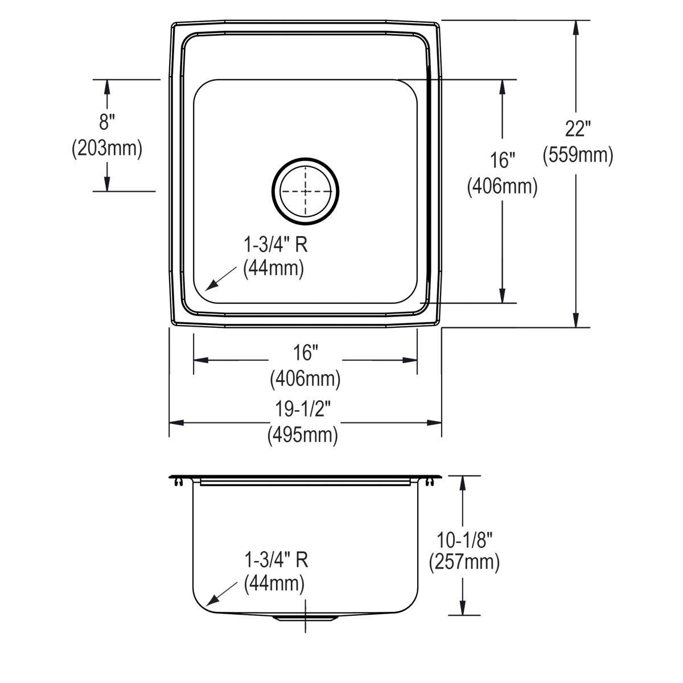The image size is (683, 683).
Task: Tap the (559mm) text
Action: (x=578, y=155)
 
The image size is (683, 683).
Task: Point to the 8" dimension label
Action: (x=106, y=122)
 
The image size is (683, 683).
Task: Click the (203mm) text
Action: (x=106, y=149)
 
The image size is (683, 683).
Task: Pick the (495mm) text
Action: (x=303, y=435)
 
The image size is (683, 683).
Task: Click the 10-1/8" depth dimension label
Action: (x=464, y=537)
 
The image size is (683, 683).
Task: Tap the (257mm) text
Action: (x=464, y=562)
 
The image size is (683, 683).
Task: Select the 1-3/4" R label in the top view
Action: (x=276, y=245)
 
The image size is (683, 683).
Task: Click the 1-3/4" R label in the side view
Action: (x=277, y=559)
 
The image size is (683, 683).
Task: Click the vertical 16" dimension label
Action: (x=502, y=161)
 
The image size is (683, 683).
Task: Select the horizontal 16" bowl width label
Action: (x=305, y=353)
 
